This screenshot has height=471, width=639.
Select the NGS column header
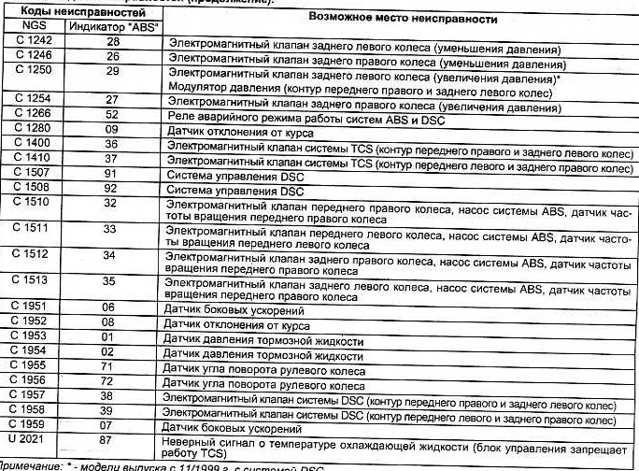pos(34,28)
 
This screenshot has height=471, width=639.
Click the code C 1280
pos(34,129)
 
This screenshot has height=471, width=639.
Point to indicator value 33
pos(110,228)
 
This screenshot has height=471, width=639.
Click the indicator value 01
pos(110,338)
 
